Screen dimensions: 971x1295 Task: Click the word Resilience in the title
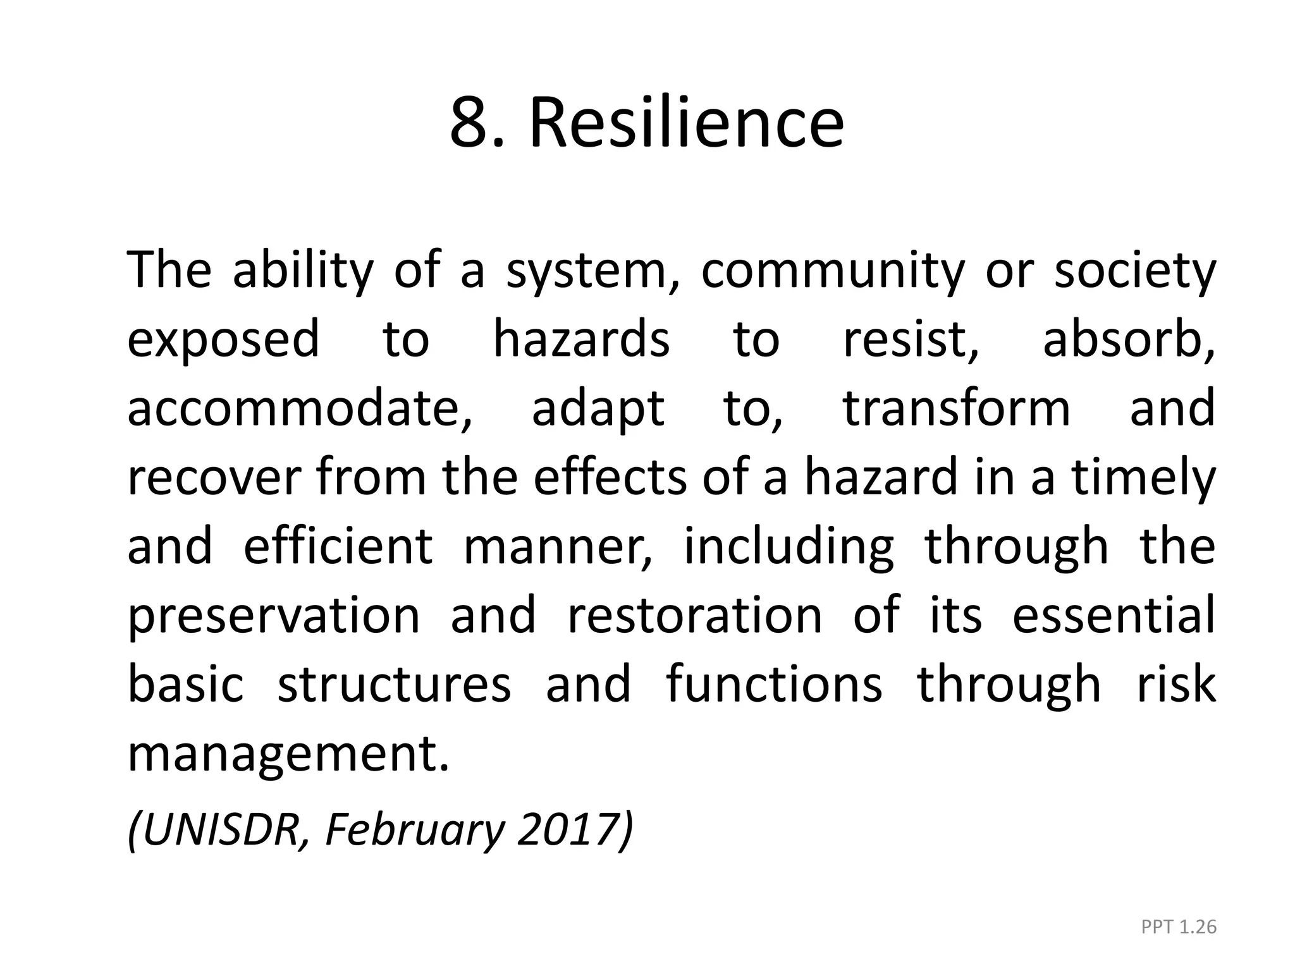[686, 123]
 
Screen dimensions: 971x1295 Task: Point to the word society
[1135, 271]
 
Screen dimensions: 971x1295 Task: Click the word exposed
[223, 339]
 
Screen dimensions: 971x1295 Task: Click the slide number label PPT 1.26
[1179, 927]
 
